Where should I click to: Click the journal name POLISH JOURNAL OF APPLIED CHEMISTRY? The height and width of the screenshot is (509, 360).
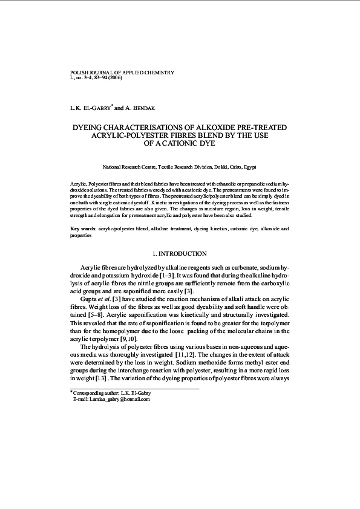click(122, 73)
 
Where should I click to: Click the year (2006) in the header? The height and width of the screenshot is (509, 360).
click(114, 78)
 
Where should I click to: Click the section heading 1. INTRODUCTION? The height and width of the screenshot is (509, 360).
click(180, 253)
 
